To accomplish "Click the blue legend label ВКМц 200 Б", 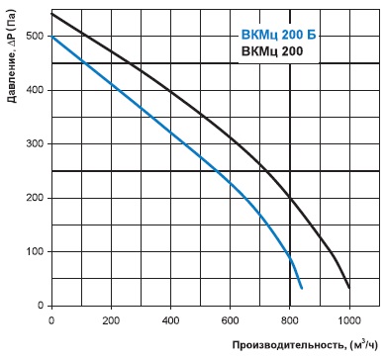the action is pyautogui.click(x=279, y=35).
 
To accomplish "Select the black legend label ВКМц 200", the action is pyautogui.click(x=272, y=51).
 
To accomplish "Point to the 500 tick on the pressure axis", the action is pyautogui.click(x=35, y=36).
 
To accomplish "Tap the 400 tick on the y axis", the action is pyautogui.click(x=35, y=90).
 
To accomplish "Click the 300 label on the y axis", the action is pyautogui.click(x=35, y=143).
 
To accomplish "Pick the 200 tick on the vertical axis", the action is pyautogui.click(x=35, y=198).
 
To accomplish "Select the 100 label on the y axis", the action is pyautogui.click(x=35, y=251).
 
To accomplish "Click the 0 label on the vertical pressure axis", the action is pyautogui.click(x=41, y=306).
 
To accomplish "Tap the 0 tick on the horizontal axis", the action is pyautogui.click(x=51, y=320).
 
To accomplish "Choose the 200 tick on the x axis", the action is pyautogui.click(x=111, y=320).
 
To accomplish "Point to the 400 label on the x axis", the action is pyautogui.click(x=170, y=320).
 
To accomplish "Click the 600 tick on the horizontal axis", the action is pyautogui.click(x=230, y=320).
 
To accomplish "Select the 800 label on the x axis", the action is pyautogui.click(x=290, y=320).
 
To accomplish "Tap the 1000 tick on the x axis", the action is pyautogui.click(x=349, y=320).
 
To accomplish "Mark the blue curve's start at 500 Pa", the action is pyautogui.click(x=51, y=36).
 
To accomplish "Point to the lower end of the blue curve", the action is pyautogui.click(x=302, y=289).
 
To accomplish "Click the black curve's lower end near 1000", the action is pyautogui.click(x=349, y=288).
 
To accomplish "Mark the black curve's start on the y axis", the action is pyautogui.click(x=51, y=14).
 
